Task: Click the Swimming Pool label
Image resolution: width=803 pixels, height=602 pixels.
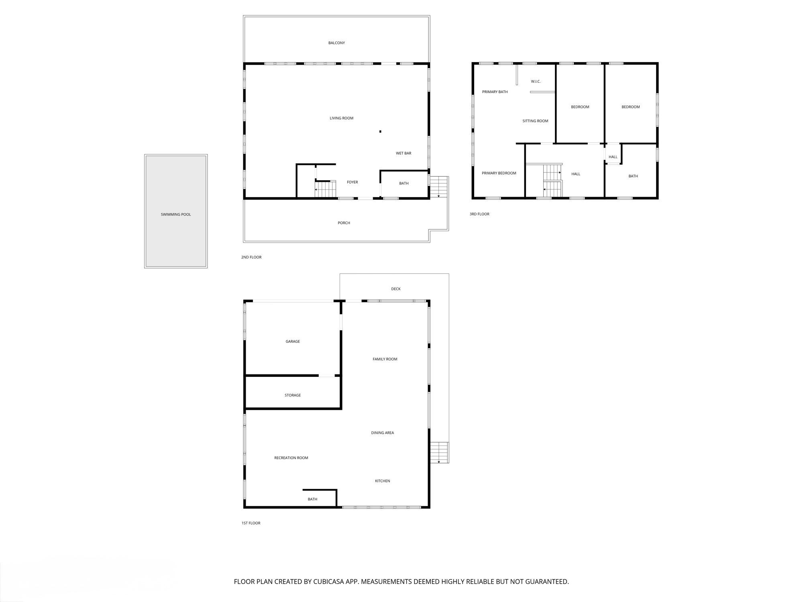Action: [175, 214]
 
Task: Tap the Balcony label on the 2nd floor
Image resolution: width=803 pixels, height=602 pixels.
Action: [336, 43]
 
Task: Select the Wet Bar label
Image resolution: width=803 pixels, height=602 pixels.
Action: [404, 153]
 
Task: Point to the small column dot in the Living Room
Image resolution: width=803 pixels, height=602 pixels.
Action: [380, 131]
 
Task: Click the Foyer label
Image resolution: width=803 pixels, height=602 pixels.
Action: [352, 182]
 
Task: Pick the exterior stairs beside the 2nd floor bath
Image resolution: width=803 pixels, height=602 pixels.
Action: [439, 187]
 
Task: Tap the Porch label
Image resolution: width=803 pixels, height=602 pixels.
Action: [344, 223]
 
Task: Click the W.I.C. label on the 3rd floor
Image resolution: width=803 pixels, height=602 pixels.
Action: [536, 81]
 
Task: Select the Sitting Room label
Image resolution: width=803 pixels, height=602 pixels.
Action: [535, 121]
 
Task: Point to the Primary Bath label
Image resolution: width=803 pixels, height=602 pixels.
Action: [495, 92]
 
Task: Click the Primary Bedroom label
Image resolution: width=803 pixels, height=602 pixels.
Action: [499, 173]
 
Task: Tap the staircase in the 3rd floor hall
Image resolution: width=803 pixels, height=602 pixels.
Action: [552, 181]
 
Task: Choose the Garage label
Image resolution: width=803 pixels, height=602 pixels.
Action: [293, 342]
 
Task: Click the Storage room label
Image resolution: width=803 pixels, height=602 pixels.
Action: [293, 395]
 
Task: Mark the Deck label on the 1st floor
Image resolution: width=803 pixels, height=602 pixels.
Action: [395, 289]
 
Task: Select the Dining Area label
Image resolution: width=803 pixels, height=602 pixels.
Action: [382, 433]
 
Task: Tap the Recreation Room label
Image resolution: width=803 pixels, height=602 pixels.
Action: [291, 458]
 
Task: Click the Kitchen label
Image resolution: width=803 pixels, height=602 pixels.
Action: [382, 481]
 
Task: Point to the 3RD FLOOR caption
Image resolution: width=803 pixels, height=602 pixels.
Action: [479, 214]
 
